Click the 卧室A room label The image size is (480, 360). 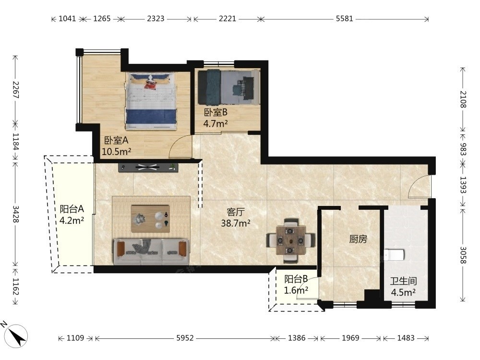116,141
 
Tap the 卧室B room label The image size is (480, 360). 216,112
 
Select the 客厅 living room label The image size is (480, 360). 236,212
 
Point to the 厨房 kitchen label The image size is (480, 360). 358,239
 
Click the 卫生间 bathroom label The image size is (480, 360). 404,281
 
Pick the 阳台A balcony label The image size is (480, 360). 72,209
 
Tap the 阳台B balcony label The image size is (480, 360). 296,279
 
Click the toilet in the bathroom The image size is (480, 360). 394,255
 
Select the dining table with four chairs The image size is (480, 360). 291,240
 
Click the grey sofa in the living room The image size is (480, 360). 152,252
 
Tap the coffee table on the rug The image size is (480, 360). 150,219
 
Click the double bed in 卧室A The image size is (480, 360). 151,101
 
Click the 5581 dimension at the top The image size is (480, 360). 344,19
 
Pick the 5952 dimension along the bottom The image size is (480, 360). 185,338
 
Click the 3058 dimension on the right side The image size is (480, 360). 463,255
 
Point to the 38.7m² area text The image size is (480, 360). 236,223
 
